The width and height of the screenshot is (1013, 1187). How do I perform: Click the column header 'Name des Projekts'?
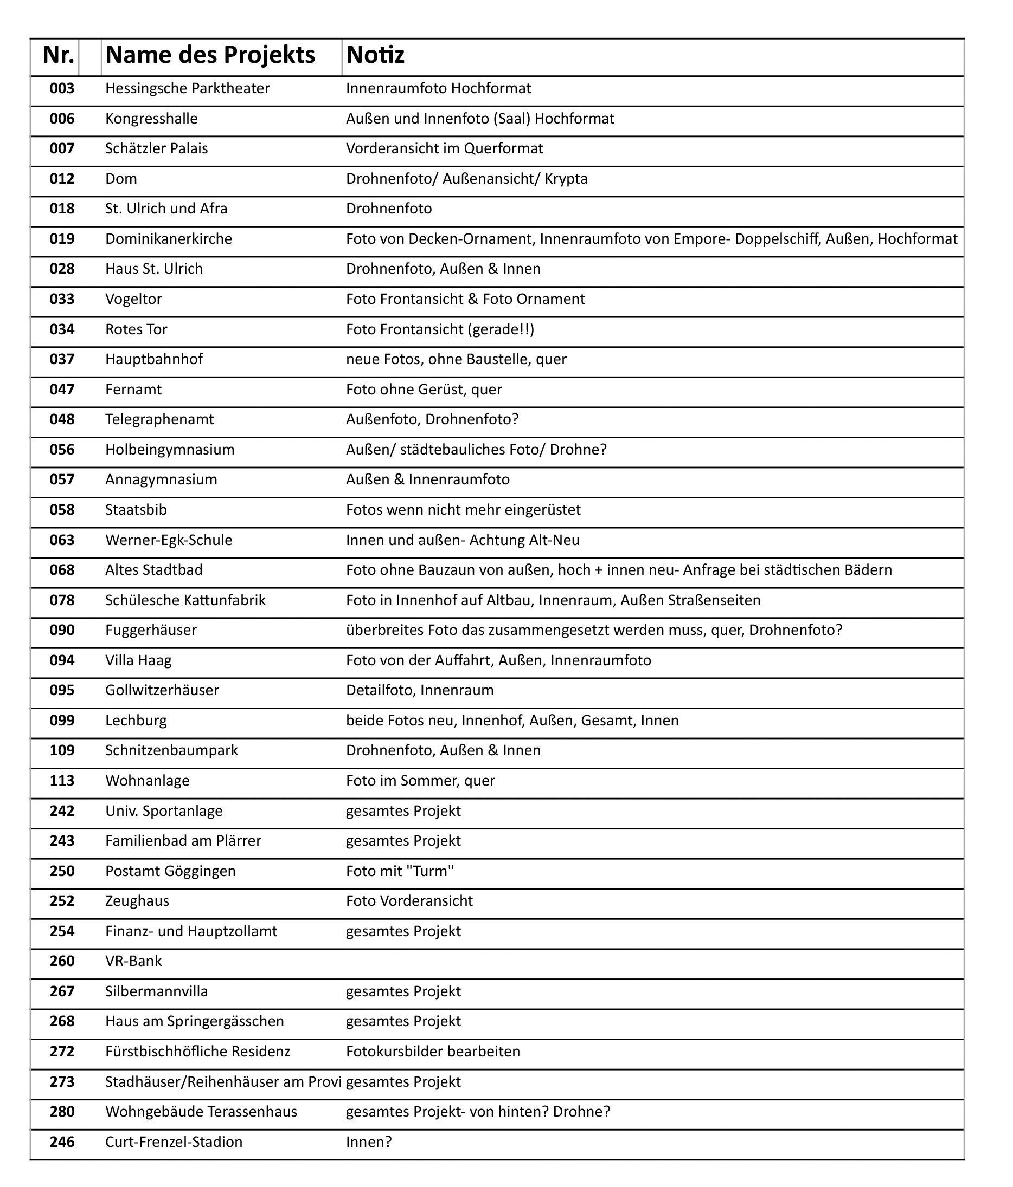click(210, 56)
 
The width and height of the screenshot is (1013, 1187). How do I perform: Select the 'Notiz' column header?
click(375, 56)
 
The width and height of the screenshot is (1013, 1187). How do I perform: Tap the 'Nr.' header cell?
click(59, 56)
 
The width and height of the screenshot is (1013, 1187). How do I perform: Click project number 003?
click(62, 89)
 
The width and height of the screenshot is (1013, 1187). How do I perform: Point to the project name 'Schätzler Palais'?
click(157, 149)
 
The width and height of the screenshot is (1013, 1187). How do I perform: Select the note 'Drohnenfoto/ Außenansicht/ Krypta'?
click(467, 179)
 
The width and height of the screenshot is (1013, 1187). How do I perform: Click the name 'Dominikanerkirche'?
click(169, 239)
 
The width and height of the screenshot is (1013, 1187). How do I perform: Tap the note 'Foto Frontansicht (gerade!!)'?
click(440, 330)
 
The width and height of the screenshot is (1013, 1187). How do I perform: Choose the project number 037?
click(62, 360)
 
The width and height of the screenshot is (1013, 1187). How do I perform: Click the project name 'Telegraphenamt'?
click(159, 420)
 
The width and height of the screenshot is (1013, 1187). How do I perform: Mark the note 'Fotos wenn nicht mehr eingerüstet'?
click(463, 510)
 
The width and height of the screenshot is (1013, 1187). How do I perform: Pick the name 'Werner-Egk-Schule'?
click(169, 541)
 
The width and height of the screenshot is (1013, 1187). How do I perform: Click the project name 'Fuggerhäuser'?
click(151, 631)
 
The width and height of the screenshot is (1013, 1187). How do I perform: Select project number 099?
click(62, 721)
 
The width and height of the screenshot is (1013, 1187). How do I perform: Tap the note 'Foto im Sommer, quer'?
click(420, 781)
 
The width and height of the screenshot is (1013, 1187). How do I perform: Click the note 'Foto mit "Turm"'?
click(400, 872)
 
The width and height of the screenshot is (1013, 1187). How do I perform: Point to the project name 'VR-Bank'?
click(133, 962)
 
